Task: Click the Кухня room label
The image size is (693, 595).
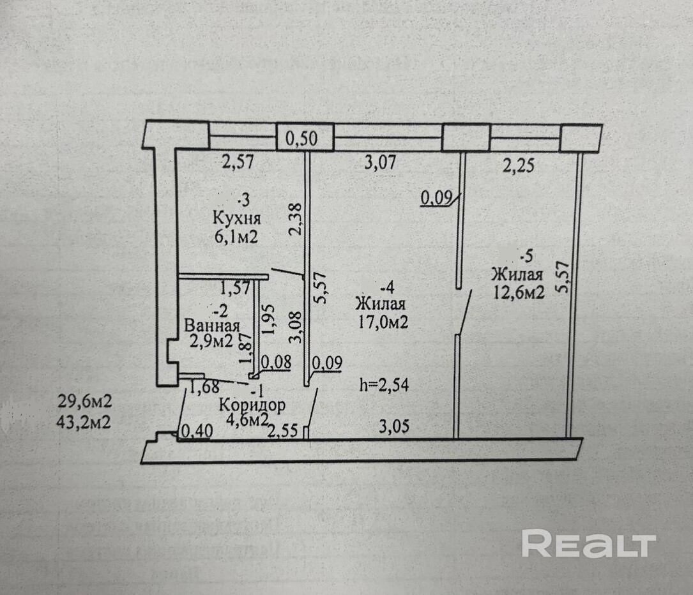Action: tap(236, 218)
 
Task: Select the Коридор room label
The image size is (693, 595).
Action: tap(252, 405)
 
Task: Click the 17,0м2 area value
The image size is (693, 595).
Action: tap(383, 323)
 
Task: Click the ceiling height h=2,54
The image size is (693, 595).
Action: tap(383, 384)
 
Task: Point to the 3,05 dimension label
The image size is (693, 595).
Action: tap(395, 427)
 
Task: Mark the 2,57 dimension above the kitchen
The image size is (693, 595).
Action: tap(238, 162)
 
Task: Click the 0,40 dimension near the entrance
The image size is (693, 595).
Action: tap(195, 432)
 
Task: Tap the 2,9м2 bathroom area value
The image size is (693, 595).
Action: tap(211, 342)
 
